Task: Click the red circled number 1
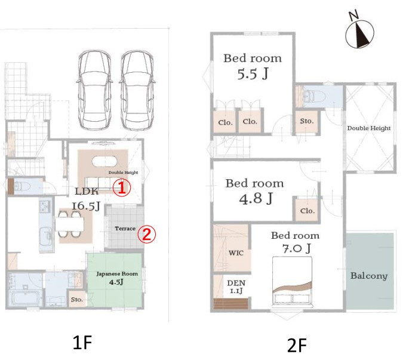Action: coord(122,187)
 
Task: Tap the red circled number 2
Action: coord(146,234)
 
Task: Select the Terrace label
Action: coord(125,229)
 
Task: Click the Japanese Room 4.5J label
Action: coord(117,278)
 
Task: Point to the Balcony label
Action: coord(369,276)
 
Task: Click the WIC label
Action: coord(236,253)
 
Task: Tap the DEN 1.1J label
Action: coord(236,287)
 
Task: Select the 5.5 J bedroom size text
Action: coord(253,74)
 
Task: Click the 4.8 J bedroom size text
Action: coord(256,199)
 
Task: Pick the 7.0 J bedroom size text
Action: coord(297,248)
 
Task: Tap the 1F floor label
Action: coord(82,343)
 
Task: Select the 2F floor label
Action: coord(297,346)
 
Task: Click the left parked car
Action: coord(95,90)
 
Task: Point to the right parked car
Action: coord(137,90)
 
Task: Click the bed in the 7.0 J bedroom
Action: coord(292,282)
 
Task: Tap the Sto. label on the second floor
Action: coord(307,121)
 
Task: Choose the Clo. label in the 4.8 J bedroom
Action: coord(307,211)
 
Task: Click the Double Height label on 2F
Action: coord(369,128)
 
